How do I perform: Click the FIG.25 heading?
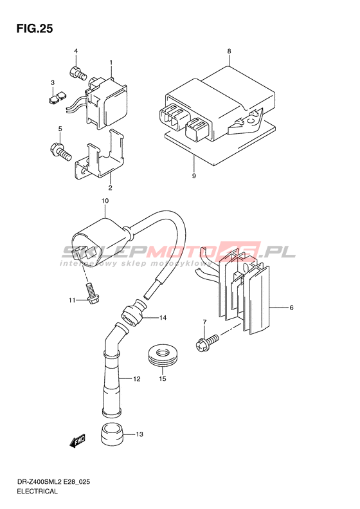(34, 29)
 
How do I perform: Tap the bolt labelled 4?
(78, 73)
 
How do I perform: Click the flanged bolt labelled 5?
(60, 152)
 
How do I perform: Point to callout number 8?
(229, 51)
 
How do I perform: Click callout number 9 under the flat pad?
(194, 176)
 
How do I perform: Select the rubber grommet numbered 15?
(163, 356)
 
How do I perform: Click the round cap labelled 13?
(113, 434)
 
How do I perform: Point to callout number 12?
(136, 378)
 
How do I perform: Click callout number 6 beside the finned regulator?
(291, 308)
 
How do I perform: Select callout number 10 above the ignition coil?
(105, 201)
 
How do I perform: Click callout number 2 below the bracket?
(110, 188)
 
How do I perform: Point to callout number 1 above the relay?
(111, 62)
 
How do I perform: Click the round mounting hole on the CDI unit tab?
(251, 122)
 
